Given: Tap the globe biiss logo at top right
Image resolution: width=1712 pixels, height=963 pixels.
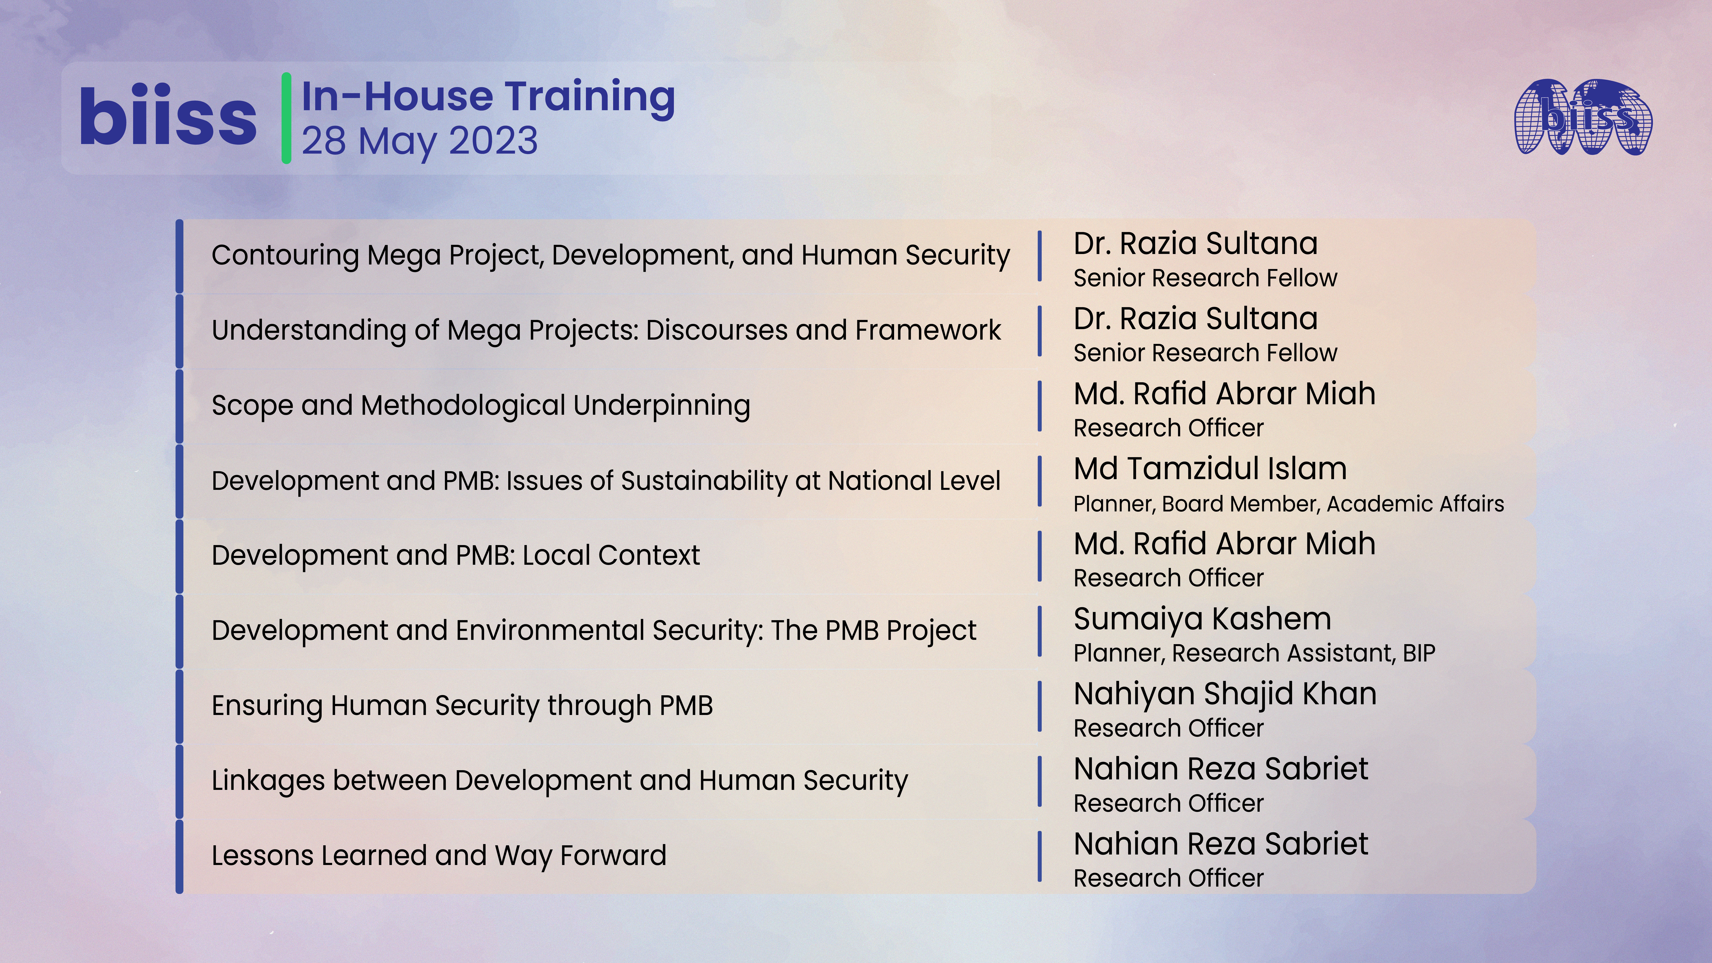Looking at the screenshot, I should point(1584,117).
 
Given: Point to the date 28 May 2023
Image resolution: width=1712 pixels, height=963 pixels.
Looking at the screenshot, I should point(419,141).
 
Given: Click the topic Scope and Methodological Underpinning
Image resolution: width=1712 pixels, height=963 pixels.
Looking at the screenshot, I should point(480,405).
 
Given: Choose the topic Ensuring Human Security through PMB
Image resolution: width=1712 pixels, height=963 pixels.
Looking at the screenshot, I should point(462,705).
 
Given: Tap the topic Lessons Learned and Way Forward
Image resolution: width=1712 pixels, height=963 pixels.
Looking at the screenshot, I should point(439,855).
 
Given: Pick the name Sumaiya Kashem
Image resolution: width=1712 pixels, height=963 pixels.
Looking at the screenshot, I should point(1202,619).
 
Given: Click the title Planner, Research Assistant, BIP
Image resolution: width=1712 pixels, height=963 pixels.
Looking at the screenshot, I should point(1254,653).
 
